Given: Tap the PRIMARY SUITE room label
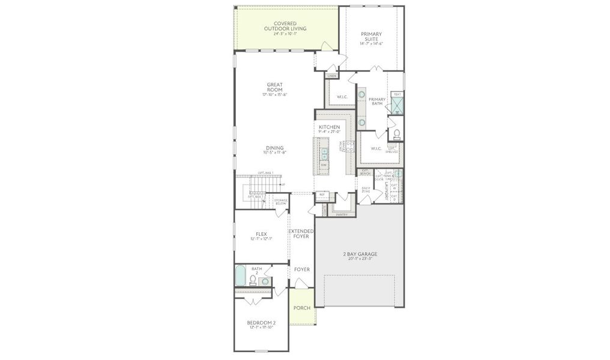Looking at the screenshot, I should pos(371,37).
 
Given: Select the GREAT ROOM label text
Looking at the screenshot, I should pos(274,88).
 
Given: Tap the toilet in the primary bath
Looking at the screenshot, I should pos(396,133).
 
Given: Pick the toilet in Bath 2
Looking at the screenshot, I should pos(253,279).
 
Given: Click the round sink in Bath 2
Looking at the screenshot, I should pos(265,281).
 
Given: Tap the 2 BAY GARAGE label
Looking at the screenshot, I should pos(360,254).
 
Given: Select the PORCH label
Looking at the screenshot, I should pos(301,308).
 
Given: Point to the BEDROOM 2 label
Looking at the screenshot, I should pos(261,324).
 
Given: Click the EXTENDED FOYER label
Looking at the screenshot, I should pos(301,233).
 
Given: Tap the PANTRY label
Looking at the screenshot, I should pos(342,214).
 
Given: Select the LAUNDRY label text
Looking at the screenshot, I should pos(380,191).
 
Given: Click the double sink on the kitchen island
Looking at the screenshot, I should pos(324,152).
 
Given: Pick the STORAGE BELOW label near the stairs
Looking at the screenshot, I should pos(281,202).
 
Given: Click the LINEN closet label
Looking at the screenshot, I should pos(332,76).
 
